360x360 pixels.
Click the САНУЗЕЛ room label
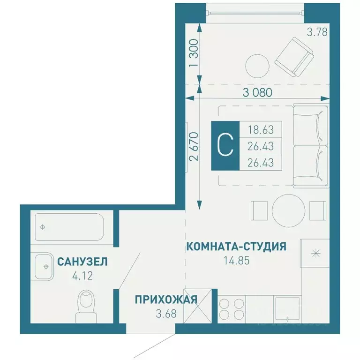coord(82,262)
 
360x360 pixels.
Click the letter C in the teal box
coord(225,146)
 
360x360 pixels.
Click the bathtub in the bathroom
coord(69,227)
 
